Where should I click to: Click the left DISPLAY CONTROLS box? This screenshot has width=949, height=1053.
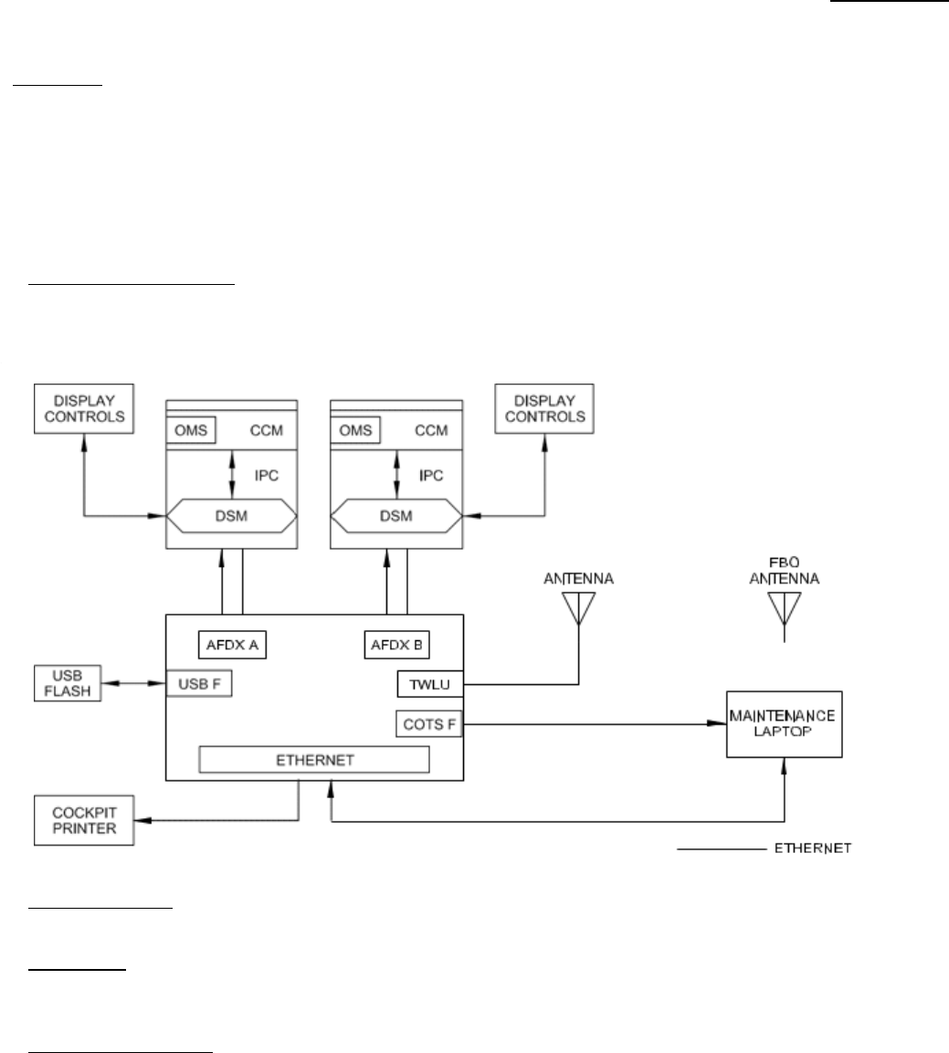[x=83, y=408]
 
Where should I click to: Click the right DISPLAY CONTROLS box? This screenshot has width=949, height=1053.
[x=544, y=408]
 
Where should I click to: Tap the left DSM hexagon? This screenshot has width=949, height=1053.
[x=232, y=517]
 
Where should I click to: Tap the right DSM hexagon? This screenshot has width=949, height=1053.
[x=395, y=517]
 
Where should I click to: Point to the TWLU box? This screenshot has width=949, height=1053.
[x=425, y=684]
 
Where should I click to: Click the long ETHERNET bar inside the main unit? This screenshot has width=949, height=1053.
[x=313, y=759]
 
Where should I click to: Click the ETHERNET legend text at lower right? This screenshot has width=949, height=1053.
[x=813, y=848]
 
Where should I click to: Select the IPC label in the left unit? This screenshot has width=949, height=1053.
[x=266, y=476]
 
